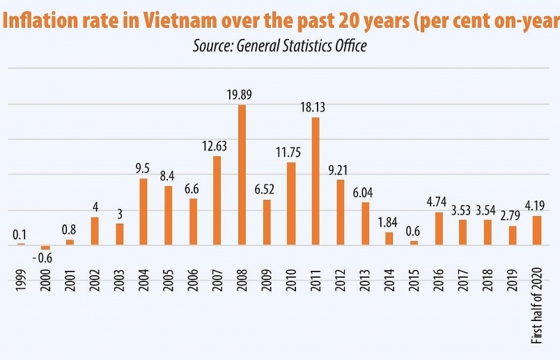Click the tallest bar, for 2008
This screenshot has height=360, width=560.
click(242, 174)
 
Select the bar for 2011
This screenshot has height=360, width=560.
click(316, 181)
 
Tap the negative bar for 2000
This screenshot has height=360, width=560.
click(45, 247)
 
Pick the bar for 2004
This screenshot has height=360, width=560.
click(143, 212)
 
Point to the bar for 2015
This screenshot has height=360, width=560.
click(414, 242)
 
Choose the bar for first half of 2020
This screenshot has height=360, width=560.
click(536, 230)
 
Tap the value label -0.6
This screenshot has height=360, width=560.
click(43, 258)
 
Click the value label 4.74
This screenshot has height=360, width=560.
click(439, 203)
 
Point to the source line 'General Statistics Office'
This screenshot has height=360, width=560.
click(301, 46)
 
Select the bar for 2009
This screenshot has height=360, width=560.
click(266, 222)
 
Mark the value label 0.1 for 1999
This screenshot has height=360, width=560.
click(20, 234)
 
